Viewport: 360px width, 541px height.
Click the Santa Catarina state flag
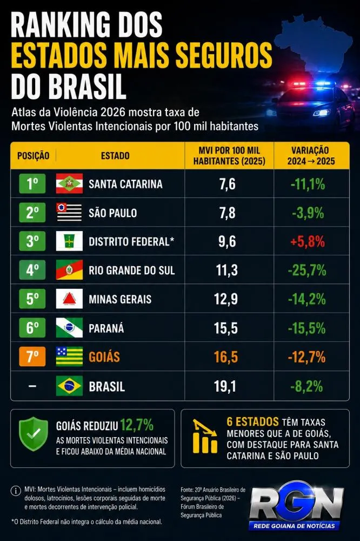tap(69, 183)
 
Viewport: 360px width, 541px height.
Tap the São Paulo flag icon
tap(69, 212)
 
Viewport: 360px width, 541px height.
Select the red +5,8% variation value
tap(308, 241)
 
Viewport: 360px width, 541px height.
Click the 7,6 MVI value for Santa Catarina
tap(228, 184)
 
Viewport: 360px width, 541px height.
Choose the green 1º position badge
tap(32, 183)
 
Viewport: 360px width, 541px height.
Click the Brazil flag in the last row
tap(69, 386)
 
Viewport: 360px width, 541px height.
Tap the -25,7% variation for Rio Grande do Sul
tap(307, 270)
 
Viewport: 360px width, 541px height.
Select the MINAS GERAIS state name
tap(120, 299)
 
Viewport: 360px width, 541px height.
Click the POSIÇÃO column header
tap(33, 156)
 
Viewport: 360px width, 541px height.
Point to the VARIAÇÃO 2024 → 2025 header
tap(311, 156)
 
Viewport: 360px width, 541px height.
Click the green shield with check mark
tap(34, 434)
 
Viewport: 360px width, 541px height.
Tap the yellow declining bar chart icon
tap(205, 436)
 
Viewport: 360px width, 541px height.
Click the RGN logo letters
tap(297, 503)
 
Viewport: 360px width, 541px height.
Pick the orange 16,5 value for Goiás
tap(226, 357)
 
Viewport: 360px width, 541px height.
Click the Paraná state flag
tap(69, 327)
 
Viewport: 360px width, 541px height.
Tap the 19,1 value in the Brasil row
tap(225, 386)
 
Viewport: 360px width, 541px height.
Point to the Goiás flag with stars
tap(69, 356)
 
